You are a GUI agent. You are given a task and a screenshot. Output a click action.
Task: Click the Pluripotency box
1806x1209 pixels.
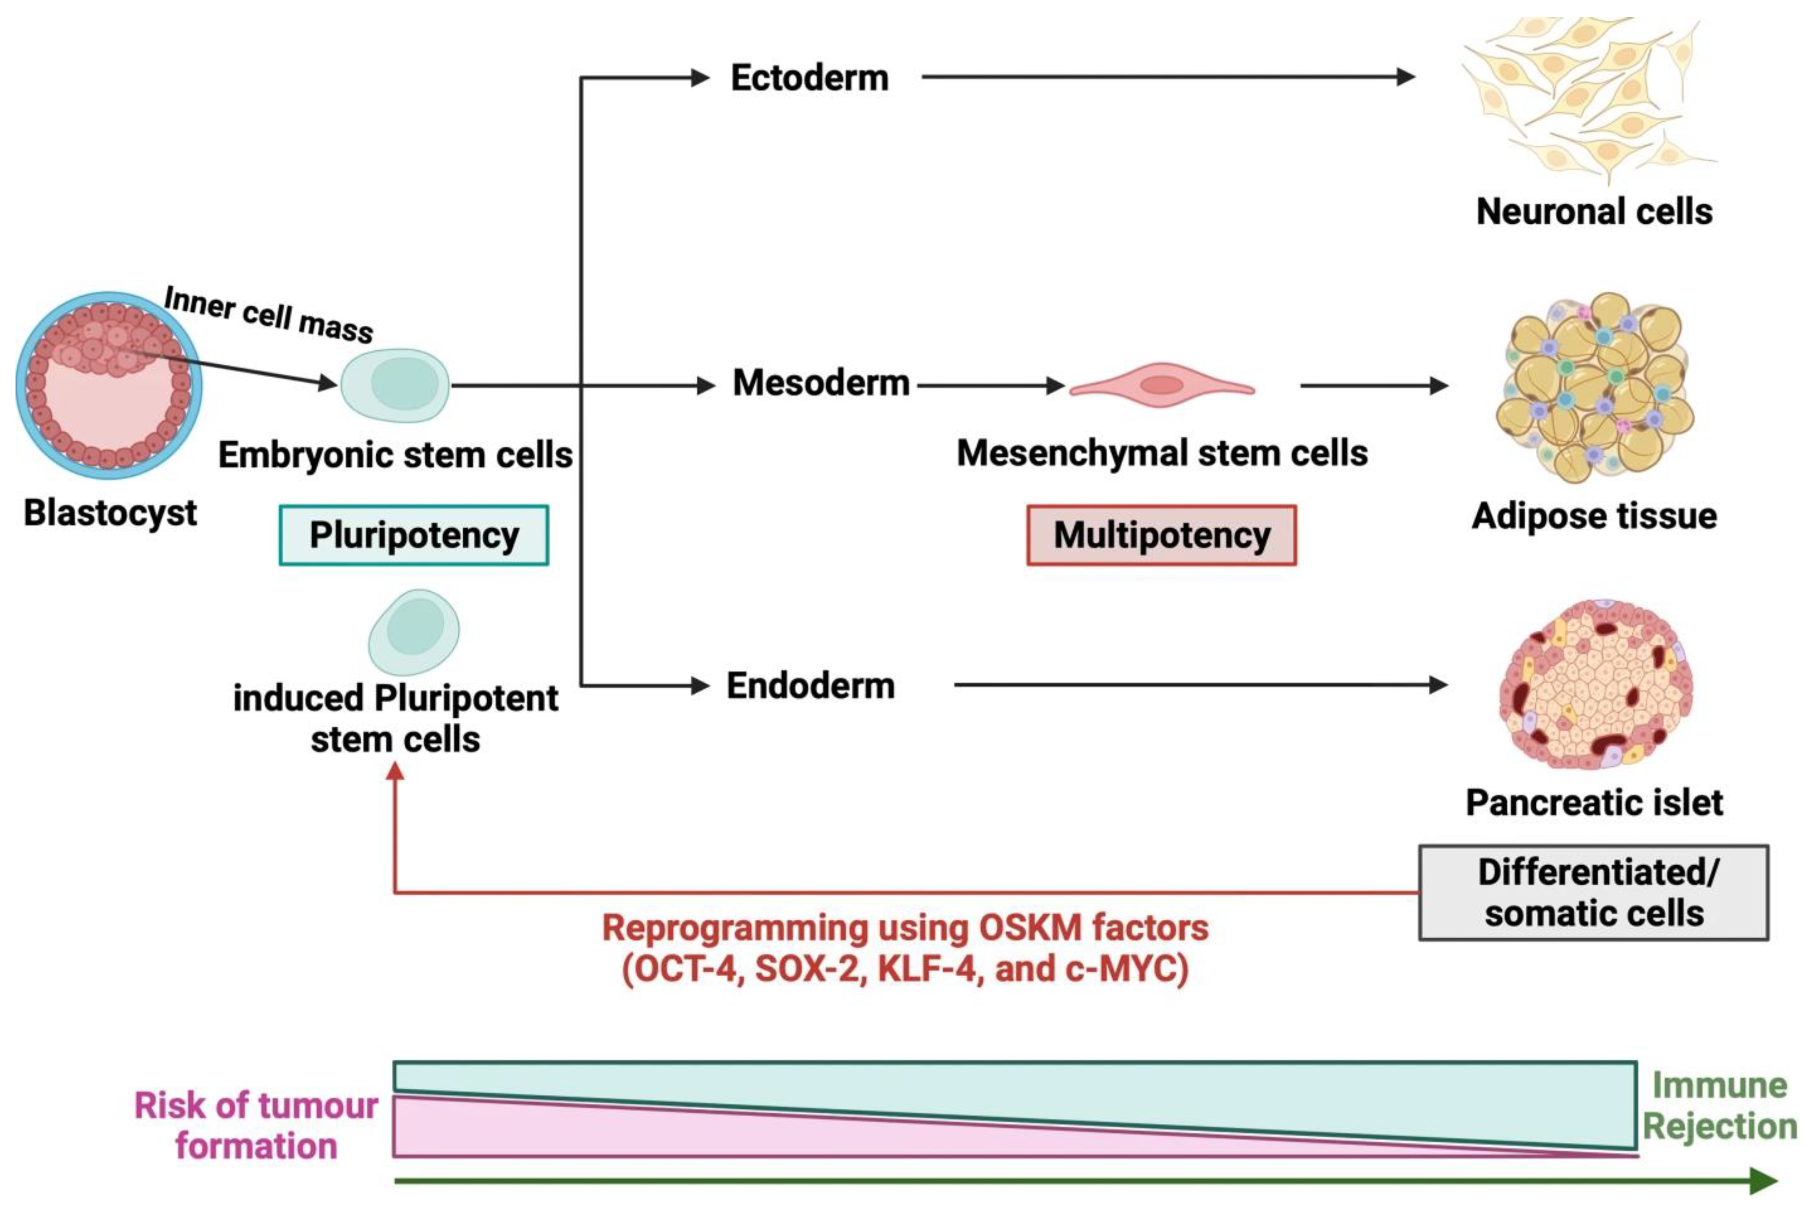[x=414, y=535]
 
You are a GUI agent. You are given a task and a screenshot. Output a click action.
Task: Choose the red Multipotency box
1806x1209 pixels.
[x=1161, y=535]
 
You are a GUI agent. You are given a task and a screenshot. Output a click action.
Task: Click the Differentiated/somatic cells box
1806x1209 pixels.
[x=1593, y=892]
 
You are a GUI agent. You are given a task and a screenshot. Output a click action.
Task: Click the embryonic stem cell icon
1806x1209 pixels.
[x=395, y=385]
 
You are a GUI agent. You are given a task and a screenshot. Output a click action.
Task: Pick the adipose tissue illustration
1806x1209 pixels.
[x=1595, y=387]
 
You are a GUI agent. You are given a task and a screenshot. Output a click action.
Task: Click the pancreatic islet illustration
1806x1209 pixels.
[x=1595, y=685]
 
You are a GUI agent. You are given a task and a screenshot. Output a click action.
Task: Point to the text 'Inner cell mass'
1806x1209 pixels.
[x=268, y=314]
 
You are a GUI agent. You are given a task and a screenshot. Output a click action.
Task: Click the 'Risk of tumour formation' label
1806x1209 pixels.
[x=256, y=1126]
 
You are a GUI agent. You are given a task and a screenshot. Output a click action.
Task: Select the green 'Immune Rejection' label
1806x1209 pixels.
[x=1720, y=1106]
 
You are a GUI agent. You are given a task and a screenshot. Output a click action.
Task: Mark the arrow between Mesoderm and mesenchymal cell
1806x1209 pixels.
[x=991, y=385]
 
